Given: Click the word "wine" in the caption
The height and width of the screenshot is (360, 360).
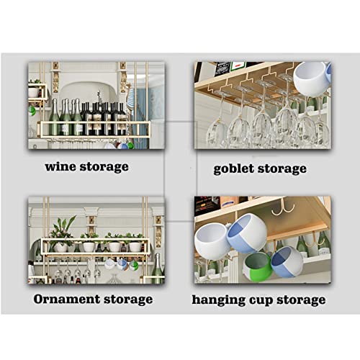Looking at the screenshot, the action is [x=60, y=166].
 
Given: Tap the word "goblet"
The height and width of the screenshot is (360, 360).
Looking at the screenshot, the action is [x=233, y=168].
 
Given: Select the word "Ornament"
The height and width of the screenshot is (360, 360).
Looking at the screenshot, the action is [x=67, y=299].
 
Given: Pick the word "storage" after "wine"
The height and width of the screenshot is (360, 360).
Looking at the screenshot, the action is [x=104, y=167].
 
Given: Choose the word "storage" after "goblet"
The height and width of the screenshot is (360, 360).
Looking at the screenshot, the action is [x=282, y=169].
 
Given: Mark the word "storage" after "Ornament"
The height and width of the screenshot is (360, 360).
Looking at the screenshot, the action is [x=128, y=300].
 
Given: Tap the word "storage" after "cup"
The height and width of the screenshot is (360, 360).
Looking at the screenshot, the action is [x=301, y=300].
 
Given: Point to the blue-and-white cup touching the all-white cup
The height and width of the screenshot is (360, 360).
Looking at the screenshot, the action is [x=247, y=233].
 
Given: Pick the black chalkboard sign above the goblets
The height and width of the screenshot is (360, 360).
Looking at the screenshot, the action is [x=222, y=68].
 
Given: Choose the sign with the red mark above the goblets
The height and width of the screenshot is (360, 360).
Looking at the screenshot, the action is [x=238, y=66].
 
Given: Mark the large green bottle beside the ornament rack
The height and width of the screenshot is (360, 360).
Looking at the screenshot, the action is [x=157, y=268].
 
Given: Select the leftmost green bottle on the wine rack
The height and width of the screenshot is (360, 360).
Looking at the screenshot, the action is [x=54, y=117].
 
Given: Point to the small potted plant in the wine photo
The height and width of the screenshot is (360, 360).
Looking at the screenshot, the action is [x=35, y=89].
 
